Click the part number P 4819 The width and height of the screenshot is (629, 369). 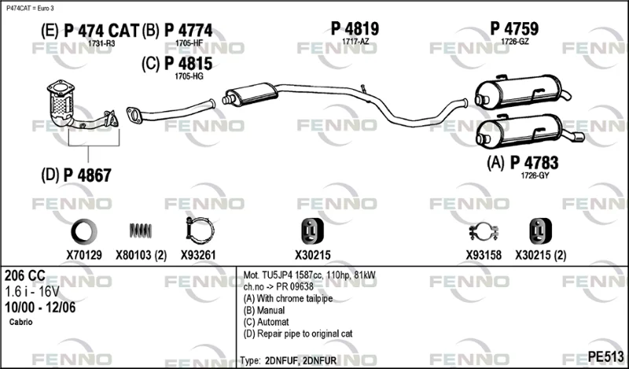pos(355,28)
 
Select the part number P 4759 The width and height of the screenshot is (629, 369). pos(514,28)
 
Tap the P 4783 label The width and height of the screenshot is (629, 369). pos(534,163)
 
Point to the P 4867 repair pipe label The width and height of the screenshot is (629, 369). pos(87,175)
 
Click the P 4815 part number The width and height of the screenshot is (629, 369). pos(189,64)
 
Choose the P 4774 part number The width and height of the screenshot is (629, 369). pos(189,31)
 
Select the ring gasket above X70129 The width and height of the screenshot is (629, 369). pos(84,231)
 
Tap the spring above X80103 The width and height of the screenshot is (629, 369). pos(141,231)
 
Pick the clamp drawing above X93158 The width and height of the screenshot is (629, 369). pos(484,232)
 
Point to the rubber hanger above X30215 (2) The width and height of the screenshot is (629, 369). pos(540,231)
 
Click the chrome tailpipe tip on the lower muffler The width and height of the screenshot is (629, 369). pos(577,138)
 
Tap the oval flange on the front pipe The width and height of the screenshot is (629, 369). pos(133,114)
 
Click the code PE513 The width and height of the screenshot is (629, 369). pos(605,356)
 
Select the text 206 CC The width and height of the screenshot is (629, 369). pos(25,275)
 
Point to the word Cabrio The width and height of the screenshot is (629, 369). pos(21,322)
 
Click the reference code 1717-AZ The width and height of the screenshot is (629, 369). pos(355,42)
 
